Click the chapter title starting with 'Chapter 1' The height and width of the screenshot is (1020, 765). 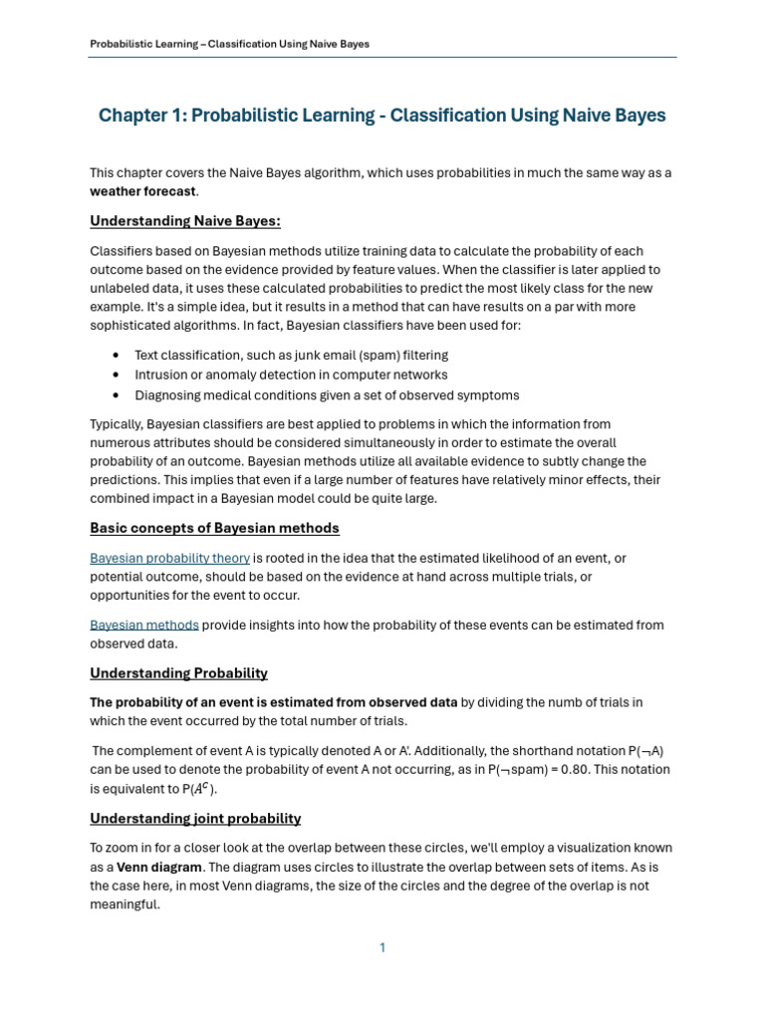382,116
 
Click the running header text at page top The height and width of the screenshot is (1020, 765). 229,44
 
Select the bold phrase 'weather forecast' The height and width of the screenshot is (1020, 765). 143,191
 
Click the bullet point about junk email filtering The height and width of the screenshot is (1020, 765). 291,355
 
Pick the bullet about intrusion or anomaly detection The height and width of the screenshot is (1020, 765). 291,375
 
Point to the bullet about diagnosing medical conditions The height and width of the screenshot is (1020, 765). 327,394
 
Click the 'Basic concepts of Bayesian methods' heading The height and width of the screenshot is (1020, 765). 214,528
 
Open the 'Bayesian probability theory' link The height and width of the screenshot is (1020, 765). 169,558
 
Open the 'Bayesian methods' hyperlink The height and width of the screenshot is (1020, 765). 144,625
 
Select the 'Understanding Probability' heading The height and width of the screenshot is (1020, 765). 178,673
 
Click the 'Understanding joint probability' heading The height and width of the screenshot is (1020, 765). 195,819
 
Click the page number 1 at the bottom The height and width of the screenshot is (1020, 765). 382,947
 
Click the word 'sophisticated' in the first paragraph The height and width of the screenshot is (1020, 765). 130,326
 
